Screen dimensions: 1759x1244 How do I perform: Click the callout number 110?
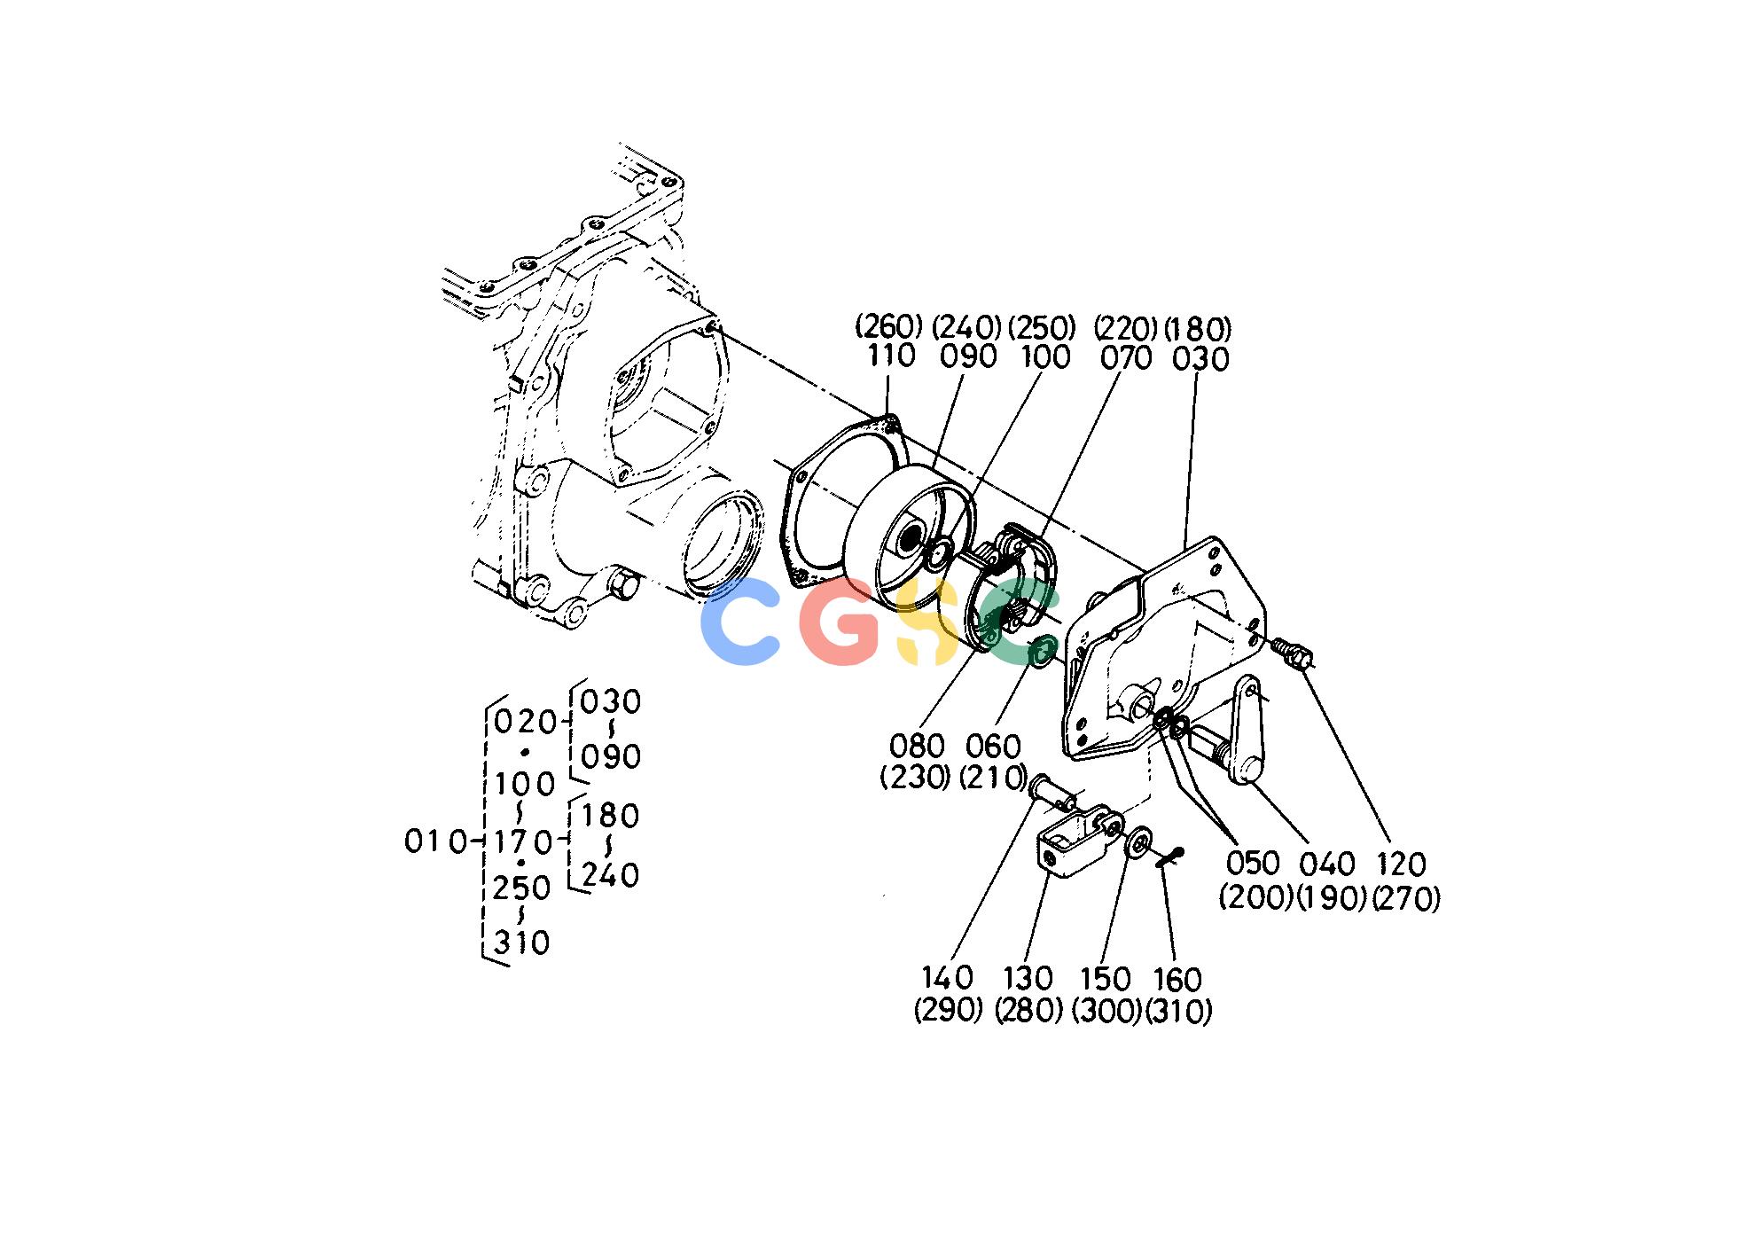pos(891,356)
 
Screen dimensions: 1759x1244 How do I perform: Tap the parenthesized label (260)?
pos(889,326)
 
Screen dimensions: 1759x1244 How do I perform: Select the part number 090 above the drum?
pos(968,356)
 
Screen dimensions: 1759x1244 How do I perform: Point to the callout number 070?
pos(1126,358)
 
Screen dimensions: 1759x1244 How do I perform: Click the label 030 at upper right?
pos(1200,359)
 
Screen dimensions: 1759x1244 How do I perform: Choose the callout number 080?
pos(917,746)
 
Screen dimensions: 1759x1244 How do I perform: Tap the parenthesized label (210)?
pos(994,778)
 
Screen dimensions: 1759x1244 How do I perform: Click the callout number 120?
pos(1402,865)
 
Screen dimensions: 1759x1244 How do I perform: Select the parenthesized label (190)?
pos(1332,897)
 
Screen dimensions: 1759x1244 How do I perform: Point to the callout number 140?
pos(948,978)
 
